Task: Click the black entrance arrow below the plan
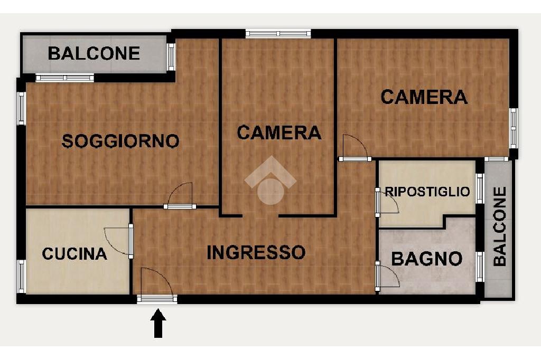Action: (x=158, y=323)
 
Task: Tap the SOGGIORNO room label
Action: (x=120, y=141)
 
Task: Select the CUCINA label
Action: (x=74, y=254)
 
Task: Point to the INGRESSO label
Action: (x=256, y=252)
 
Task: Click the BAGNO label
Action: (x=427, y=259)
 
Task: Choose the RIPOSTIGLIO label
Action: (x=427, y=192)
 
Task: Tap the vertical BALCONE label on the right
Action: (x=500, y=226)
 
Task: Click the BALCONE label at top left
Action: (x=94, y=53)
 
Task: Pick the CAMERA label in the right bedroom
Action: (x=424, y=97)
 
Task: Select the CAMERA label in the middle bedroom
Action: (x=279, y=133)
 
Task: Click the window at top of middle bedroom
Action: (x=278, y=33)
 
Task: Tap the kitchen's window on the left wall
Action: (x=22, y=276)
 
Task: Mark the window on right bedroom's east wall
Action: (x=514, y=128)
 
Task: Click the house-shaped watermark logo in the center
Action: (x=270, y=180)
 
